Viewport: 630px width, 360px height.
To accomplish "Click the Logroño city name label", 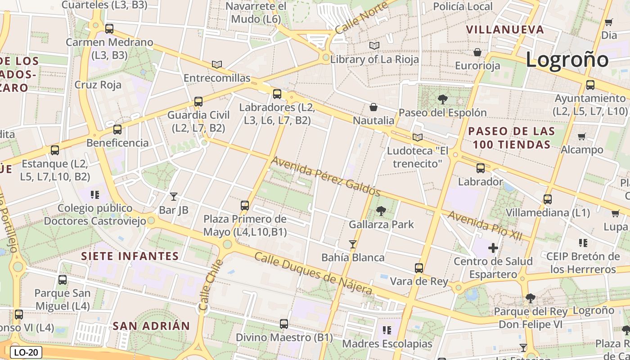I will pyautogui.click(x=567, y=60).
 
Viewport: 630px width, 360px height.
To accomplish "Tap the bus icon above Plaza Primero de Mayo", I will pyautogui.click(x=245, y=206).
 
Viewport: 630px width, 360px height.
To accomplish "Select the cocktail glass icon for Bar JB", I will pyautogui.click(x=174, y=196).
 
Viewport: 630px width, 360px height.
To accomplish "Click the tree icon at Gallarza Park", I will pyautogui.click(x=381, y=211).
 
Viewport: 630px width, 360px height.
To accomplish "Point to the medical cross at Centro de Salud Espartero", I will pyautogui.click(x=493, y=247).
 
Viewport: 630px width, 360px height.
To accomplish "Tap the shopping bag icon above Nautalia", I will pyautogui.click(x=373, y=107).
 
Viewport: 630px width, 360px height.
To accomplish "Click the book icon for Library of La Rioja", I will pyautogui.click(x=374, y=45).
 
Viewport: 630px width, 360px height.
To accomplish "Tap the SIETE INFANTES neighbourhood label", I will pyautogui.click(x=130, y=256).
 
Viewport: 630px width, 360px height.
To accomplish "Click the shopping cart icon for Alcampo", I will pyautogui.click(x=581, y=136).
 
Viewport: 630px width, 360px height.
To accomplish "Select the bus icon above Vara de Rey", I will pyautogui.click(x=419, y=268).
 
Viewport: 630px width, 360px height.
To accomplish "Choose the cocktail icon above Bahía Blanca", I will pyautogui.click(x=353, y=244).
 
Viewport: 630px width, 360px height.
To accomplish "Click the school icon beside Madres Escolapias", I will pyautogui.click(x=387, y=330).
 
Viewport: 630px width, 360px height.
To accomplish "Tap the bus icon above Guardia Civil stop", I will pyautogui.click(x=198, y=102).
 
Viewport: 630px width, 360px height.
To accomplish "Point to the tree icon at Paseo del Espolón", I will pyautogui.click(x=443, y=99).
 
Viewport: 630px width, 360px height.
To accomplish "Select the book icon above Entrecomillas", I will pyautogui.click(x=217, y=64).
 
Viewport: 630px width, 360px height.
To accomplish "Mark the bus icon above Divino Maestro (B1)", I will pyautogui.click(x=284, y=324).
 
